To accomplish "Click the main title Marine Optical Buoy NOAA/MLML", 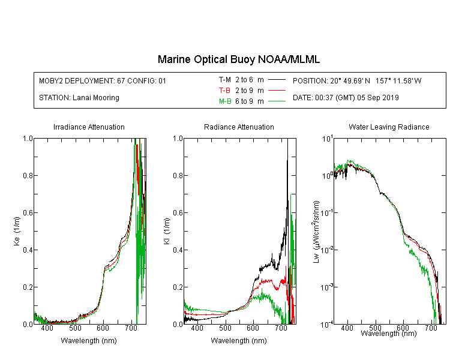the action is coord(238,59).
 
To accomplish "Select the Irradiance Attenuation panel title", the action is coord(89,127).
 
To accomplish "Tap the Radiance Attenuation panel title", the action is coord(239,127).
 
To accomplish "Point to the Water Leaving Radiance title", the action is coord(389,127).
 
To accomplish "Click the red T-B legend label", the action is coord(224,91).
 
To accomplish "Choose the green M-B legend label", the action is coord(225,101).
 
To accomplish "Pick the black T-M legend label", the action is coord(225,80).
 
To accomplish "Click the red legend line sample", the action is coord(277,91).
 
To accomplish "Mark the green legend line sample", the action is coord(277,101).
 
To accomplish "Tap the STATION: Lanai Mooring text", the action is coord(79,98).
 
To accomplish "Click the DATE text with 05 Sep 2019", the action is coord(346,98).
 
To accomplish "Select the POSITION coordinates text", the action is coord(357,80).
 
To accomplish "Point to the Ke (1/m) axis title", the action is coord(17,231).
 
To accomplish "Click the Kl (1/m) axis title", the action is coord(166,231).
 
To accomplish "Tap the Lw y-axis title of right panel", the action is coord(316,232).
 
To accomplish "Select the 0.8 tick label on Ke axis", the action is coord(28,175).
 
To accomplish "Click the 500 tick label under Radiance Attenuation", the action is coord(225,328).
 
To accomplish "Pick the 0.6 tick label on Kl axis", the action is coord(178,213).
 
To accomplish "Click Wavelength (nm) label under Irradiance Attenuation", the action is coord(89,340).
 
